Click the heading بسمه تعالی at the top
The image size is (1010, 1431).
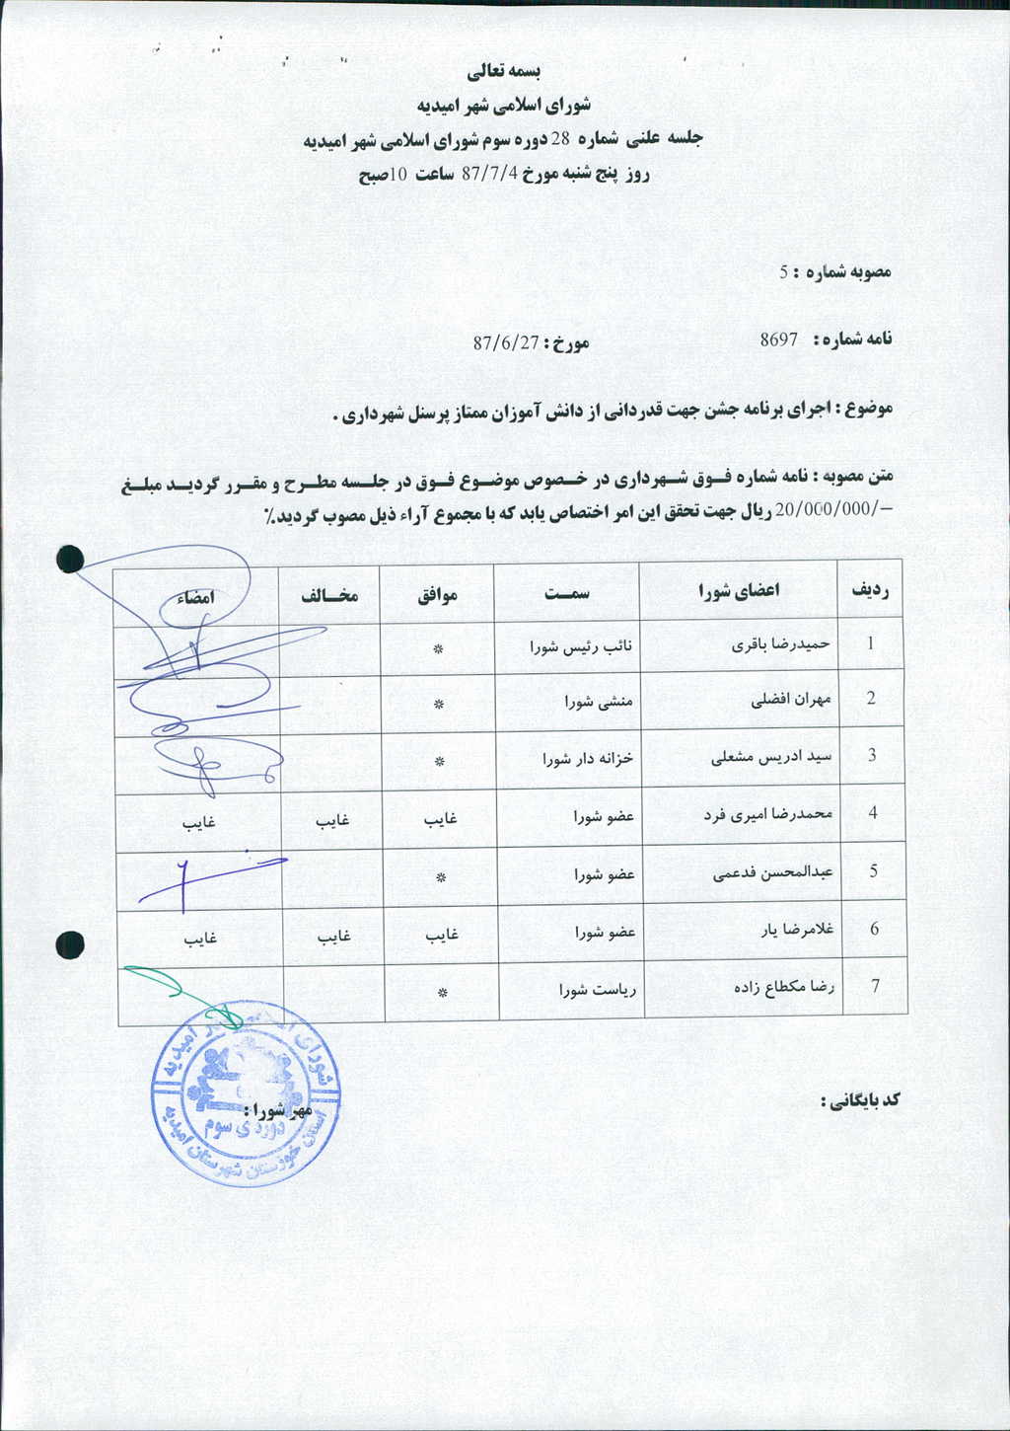pos(504,71)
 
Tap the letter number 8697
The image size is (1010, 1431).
pos(778,339)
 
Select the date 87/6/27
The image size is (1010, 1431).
pos(506,343)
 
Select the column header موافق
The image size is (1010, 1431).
pos(438,595)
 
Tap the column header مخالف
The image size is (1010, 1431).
pos(329,595)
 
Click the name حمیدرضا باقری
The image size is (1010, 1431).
pos(781,644)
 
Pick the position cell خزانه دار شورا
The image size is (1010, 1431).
pos(587,759)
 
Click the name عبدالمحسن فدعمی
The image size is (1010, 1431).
pos(772,872)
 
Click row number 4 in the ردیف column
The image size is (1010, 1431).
pos(872,814)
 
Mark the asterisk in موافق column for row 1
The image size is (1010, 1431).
pos(439,648)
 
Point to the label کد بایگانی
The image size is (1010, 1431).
pos(860,1098)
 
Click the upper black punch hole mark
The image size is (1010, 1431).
pos(69,560)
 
